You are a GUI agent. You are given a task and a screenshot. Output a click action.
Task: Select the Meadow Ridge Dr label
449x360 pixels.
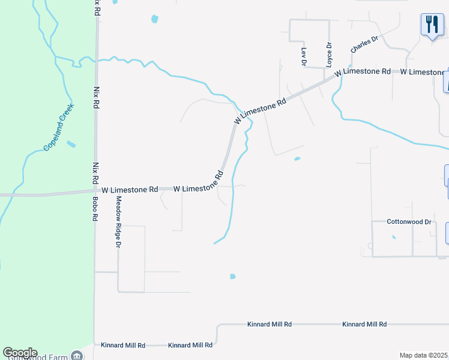point(118,223)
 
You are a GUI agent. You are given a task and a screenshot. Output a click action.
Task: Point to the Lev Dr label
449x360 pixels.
point(304,57)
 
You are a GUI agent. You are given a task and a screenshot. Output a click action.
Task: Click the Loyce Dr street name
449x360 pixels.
point(329,54)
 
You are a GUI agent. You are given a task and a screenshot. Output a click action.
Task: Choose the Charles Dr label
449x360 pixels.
point(364,44)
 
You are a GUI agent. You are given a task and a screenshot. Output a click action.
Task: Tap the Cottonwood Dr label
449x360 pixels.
point(409,221)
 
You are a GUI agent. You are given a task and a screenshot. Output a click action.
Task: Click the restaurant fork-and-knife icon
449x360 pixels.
point(432,25)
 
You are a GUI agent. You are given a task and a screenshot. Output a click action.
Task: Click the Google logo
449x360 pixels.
point(20,353)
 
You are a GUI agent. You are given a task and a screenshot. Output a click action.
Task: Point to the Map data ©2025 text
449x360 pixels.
point(423,355)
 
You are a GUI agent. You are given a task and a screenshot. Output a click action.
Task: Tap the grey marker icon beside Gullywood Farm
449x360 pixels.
point(77,356)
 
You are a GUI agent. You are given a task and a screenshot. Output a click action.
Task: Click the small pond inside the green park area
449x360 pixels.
point(71,144)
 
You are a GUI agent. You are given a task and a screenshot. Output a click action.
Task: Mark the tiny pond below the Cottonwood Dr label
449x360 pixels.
point(394,237)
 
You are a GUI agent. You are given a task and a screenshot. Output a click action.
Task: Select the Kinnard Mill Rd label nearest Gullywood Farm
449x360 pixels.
point(123,345)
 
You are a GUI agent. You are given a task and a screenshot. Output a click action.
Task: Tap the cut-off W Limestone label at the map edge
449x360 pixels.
point(423,72)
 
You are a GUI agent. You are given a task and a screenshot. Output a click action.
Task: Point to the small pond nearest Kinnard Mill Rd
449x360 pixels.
point(233,277)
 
